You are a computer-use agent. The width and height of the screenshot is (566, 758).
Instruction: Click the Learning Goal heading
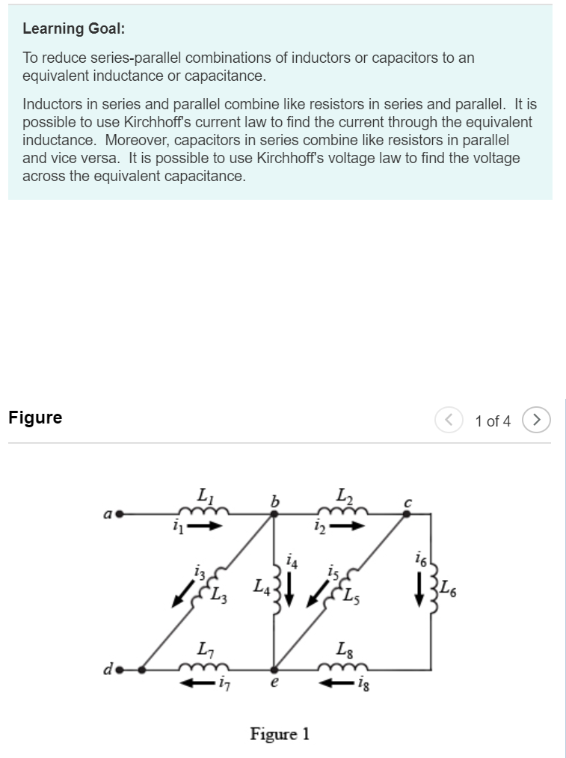74,28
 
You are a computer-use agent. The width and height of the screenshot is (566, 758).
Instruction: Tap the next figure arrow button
536,421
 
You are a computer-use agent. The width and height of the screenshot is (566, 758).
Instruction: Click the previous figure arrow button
448,421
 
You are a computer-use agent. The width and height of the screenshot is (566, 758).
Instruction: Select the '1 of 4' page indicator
492,421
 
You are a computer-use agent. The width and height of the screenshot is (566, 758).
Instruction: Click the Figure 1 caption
280,733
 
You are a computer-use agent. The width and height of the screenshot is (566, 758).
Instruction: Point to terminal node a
118,514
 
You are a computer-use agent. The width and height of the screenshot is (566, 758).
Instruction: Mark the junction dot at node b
274,514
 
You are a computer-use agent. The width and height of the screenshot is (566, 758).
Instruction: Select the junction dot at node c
406,514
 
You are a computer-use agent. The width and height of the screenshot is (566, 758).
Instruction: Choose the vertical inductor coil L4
274,591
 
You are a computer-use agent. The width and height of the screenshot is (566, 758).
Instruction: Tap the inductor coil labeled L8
343,666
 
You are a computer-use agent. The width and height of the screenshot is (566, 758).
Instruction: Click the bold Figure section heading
35,418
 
